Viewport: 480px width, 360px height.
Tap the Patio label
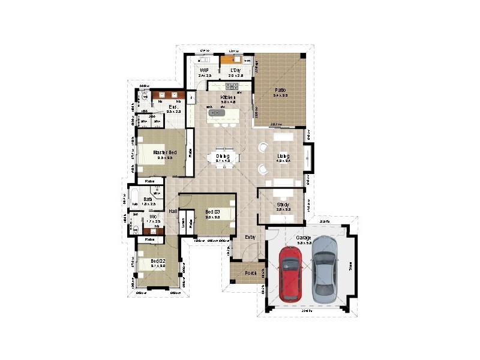pos(280,90)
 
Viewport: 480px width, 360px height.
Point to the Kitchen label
pos(227,97)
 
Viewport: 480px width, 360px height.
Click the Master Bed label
pos(164,152)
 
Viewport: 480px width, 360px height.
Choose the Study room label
pos(283,205)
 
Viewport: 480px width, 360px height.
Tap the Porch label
pos(251,273)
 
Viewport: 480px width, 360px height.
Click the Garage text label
pos(303,238)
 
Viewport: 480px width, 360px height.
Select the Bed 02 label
pos(158,261)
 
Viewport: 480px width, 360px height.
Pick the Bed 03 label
pos(213,212)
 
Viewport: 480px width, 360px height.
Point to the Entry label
pos(251,236)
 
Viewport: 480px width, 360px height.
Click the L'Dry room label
pos(235,71)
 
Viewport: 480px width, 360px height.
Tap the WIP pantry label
pos(204,71)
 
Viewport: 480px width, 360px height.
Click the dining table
pos(223,158)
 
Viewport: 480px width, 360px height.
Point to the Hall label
pos(173,212)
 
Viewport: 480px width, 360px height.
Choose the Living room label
pos(283,157)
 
